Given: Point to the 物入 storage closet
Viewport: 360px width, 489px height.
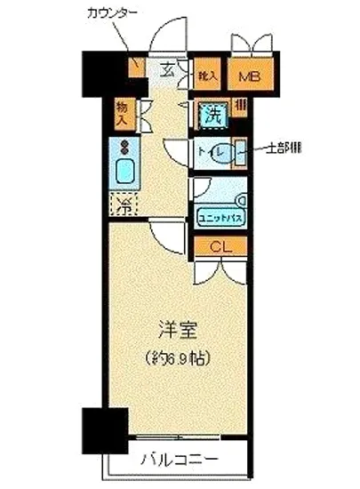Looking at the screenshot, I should point(123,113).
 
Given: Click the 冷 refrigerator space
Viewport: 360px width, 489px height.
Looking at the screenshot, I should point(124,204).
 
